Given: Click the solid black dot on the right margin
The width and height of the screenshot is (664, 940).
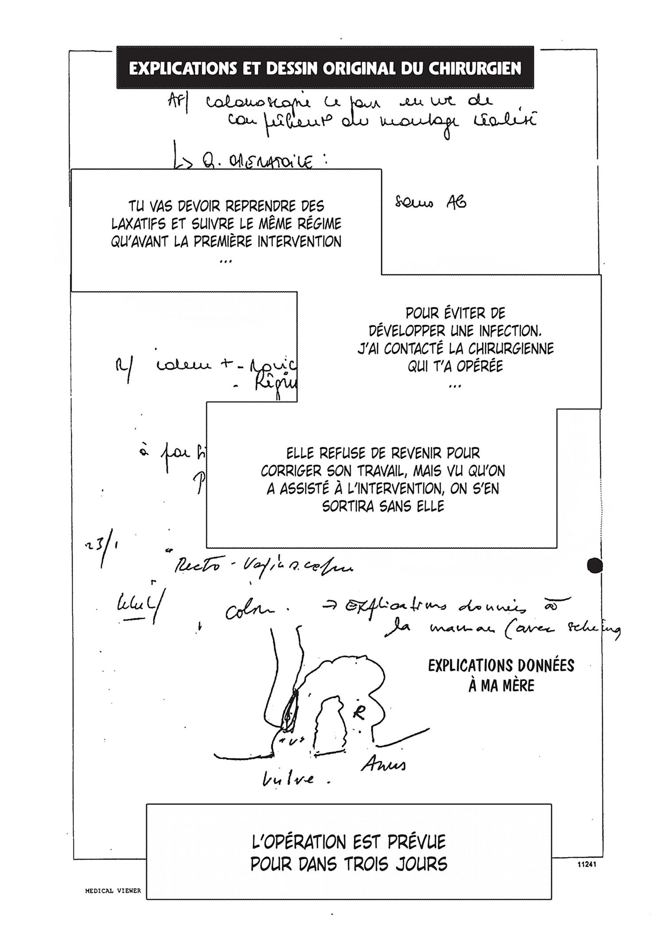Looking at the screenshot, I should click(595, 565).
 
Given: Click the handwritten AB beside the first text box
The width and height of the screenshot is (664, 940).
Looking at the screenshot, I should click(456, 203).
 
